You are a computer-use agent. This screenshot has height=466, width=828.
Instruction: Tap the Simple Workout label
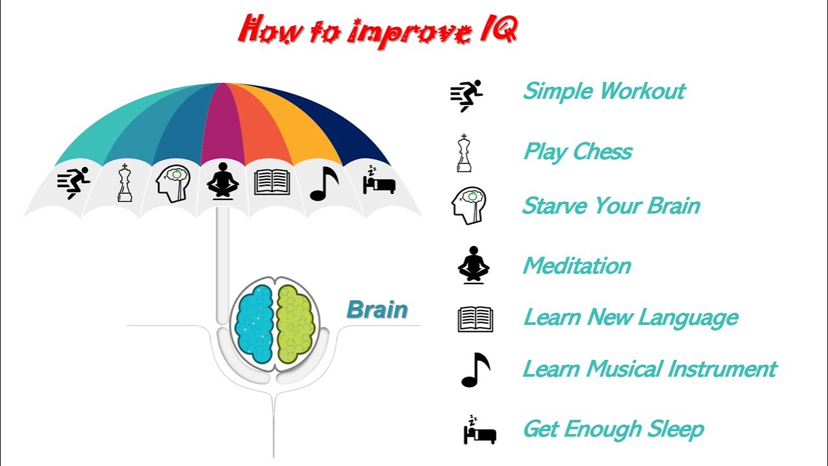[604, 91]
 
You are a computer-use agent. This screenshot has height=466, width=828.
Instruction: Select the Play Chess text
[578, 152]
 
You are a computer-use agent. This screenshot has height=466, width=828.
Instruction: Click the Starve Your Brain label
[611, 206]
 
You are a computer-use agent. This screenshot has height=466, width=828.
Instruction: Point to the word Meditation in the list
[577, 265]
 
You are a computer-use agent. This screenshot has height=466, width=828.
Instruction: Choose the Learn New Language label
[631, 318]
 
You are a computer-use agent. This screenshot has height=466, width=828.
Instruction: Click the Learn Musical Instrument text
[649, 369]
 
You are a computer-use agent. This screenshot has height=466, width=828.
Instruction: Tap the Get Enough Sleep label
[613, 428]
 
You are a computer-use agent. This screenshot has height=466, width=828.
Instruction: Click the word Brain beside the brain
[377, 309]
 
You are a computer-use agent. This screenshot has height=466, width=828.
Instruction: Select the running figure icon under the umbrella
[74, 183]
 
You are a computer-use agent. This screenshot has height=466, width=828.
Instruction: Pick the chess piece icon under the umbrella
[125, 183]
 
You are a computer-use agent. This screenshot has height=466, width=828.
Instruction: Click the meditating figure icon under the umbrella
[223, 181]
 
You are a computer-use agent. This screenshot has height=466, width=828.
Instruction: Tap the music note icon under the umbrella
[324, 184]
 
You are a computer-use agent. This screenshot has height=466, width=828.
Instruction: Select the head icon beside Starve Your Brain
[468, 206]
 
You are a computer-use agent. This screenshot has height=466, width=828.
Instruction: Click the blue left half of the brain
[254, 323]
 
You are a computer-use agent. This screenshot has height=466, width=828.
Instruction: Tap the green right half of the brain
[296, 323]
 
